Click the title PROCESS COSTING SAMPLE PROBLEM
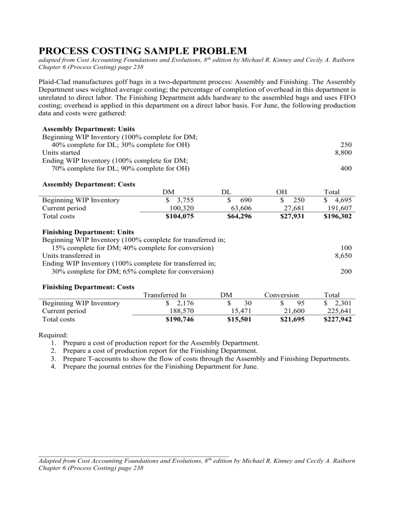(x=143, y=51)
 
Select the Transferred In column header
(x=166, y=295)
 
